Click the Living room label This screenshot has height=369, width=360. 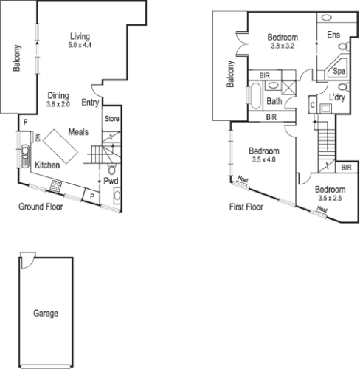79,36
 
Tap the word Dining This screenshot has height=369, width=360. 58,95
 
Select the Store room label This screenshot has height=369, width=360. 111,118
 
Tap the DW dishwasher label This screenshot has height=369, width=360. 37,137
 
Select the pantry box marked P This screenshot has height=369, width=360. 91,196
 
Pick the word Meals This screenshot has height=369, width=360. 79,132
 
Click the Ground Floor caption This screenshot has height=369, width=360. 41,207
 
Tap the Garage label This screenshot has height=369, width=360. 46,313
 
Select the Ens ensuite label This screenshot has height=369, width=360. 333,34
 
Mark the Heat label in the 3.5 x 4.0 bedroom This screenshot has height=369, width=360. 243,178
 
